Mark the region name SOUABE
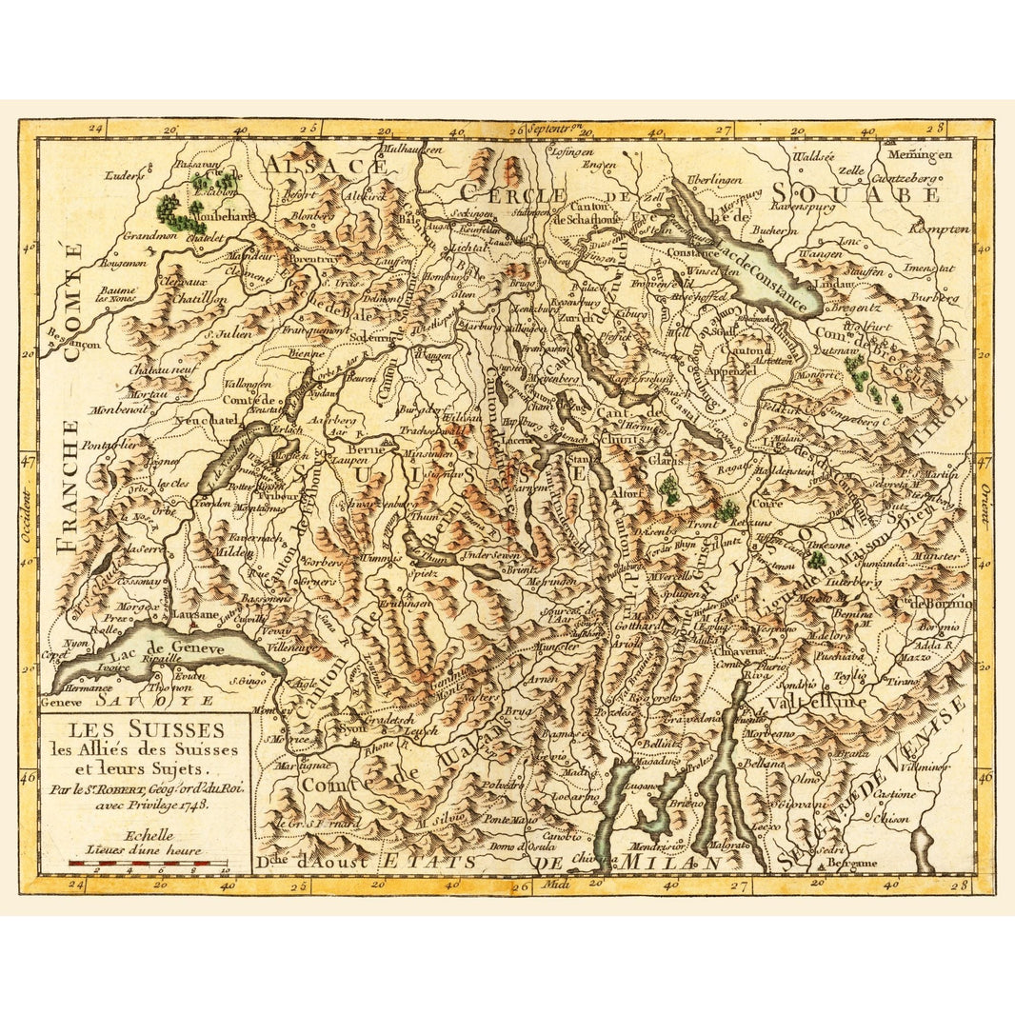point(856,194)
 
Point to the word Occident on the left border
point(28,515)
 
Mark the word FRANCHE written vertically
point(65,486)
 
